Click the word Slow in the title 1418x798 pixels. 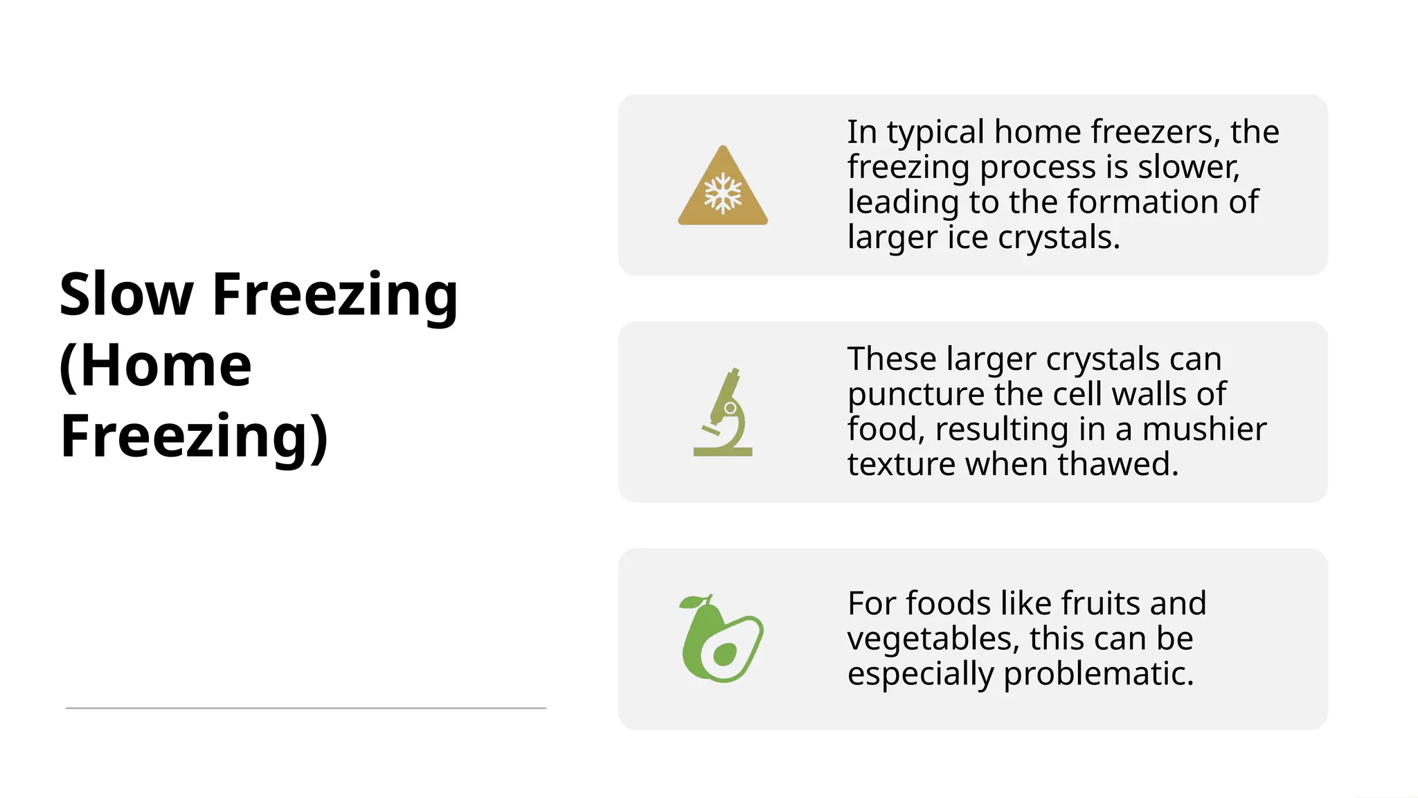coord(125,294)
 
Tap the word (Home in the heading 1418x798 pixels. coord(155,366)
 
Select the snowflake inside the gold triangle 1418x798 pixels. coord(723,193)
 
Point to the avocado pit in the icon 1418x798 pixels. coord(724,654)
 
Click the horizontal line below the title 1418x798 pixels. coord(305,708)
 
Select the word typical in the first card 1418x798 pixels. coord(935,132)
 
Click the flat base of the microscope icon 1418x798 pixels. coord(723,452)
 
